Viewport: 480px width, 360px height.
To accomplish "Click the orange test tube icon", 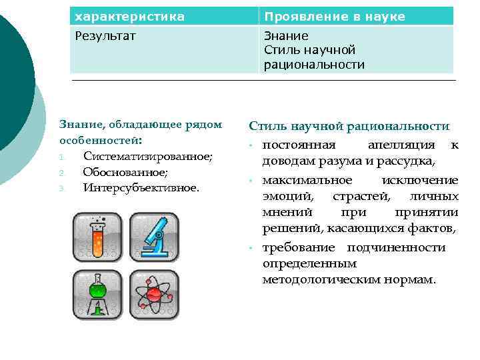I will pos(97,237).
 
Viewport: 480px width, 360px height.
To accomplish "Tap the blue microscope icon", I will pos(154,237).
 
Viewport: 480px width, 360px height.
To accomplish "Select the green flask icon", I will pos(97,293).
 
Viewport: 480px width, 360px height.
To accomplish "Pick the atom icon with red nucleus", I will pos(154,293).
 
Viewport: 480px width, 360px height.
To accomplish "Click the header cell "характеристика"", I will pos(129,16).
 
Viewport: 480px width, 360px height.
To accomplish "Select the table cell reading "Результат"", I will pos(105,36).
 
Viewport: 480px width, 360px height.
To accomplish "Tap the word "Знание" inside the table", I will pos(286,36).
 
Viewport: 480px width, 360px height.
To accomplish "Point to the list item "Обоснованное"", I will pos(125,172).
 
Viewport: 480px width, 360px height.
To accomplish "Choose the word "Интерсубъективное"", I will pos(141,188).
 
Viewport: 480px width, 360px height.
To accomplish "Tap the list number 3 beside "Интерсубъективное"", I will pos(61,189).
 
